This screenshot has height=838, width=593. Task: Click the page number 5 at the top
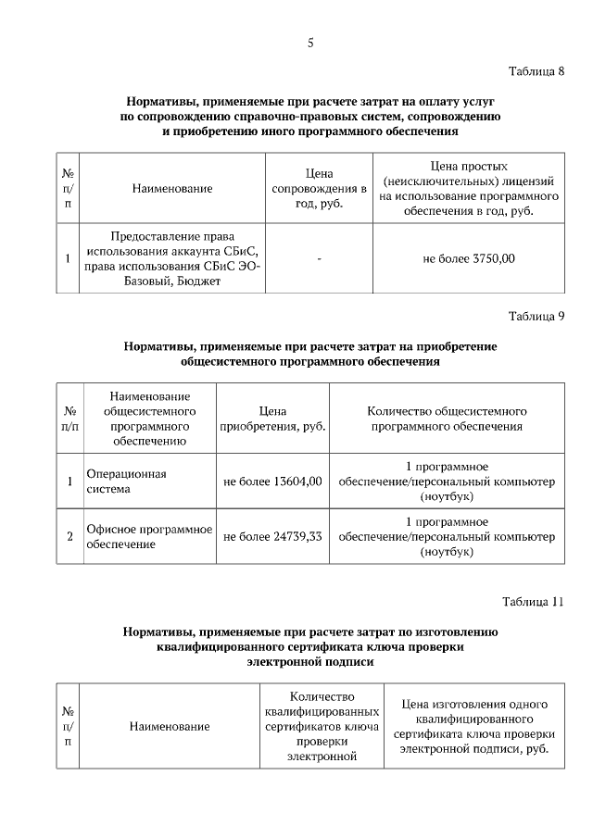[x=310, y=42]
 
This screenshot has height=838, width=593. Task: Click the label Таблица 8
[x=536, y=72]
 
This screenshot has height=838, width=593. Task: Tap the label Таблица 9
[x=536, y=316]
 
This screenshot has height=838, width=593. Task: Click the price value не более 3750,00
[x=468, y=259]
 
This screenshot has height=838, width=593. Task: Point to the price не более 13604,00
[x=272, y=482]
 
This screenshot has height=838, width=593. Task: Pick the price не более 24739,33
[x=272, y=536]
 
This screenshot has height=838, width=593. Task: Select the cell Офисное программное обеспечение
[x=148, y=536]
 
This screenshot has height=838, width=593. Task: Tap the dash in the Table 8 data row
[x=319, y=259]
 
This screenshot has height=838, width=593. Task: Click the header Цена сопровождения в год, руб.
[x=319, y=188]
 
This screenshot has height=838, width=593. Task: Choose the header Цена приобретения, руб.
[x=272, y=419]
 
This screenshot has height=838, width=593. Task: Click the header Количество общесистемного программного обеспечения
[x=447, y=419]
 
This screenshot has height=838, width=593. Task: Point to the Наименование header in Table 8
[x=172, y=188]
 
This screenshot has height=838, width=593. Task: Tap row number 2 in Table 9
[x=69, y=536]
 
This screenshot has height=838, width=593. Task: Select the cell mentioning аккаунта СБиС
[x=172, y=259]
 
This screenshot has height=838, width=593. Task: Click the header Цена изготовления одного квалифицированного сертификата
[x=473, y=727]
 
